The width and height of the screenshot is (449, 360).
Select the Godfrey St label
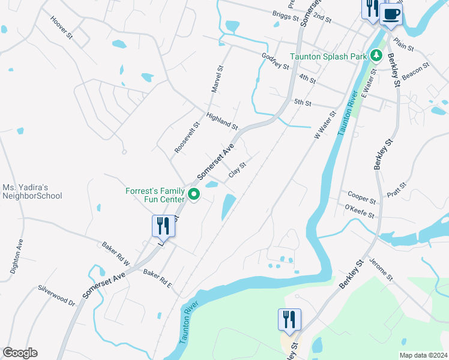[276, 61]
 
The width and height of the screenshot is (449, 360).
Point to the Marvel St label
[217, 79]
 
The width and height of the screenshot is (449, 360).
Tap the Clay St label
[238, 170]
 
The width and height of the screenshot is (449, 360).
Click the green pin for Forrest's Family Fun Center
[194, 195]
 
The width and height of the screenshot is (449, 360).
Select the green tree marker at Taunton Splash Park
[376, 56]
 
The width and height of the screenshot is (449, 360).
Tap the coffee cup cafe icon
[391, 14]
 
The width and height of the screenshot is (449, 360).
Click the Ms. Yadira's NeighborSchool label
[32, 192]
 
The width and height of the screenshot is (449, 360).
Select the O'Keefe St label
[360, 211]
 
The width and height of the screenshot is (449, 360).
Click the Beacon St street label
[416, 70]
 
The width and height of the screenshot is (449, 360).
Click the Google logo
[20, 353]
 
